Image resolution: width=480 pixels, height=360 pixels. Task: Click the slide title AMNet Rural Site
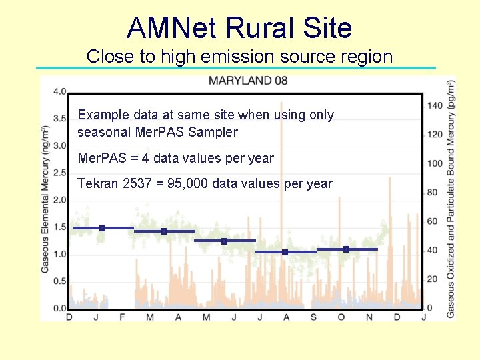pos(239,28)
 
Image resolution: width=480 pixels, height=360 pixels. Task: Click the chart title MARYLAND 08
pos(249,81)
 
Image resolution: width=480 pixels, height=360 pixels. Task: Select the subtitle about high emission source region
pos(239,57)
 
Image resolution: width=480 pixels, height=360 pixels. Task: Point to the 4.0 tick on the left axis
pos(59,91)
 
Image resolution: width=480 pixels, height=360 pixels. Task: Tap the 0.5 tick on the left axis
pos(59,281)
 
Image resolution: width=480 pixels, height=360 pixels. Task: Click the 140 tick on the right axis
pos(435,105)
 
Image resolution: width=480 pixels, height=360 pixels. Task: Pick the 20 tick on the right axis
pos(432,279)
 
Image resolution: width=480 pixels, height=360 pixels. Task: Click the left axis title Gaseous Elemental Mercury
pos(45,199)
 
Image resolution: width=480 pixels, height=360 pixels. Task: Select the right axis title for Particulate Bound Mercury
pos(452,199)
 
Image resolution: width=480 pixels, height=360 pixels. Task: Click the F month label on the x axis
pos(122,317)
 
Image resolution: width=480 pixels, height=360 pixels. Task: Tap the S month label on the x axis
pos(313,317)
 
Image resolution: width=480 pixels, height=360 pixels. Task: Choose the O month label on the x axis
pos(341,317)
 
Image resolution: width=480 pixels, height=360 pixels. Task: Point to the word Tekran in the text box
pos(98,183)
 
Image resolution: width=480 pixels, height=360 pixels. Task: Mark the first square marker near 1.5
pos(102,228)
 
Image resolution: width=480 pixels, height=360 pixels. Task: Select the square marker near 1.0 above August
pos(285,252)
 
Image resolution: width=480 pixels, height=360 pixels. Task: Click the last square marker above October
pos(346,249)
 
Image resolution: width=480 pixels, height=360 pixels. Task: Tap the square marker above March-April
pos(163,231)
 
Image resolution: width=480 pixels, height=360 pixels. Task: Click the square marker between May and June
pos(224,241)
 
